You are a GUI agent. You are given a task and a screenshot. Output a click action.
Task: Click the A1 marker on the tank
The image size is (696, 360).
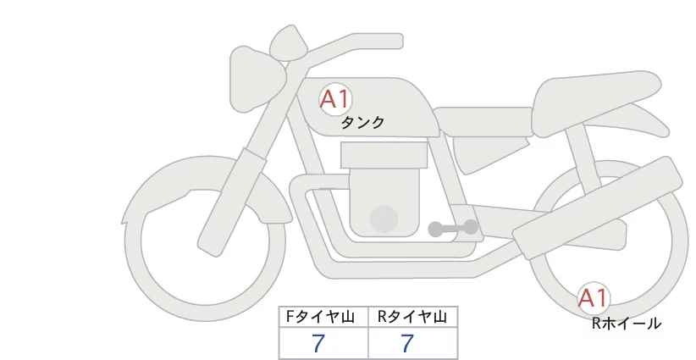tap(334, 99)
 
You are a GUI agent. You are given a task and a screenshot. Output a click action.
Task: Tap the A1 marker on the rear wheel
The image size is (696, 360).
tap(594, 297)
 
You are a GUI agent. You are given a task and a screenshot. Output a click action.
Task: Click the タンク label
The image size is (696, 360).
tap(362, 123)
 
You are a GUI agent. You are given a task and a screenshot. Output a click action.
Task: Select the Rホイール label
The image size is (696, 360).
tap(626, 323)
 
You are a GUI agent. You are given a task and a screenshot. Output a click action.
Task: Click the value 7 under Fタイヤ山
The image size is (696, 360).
tap(318, 343)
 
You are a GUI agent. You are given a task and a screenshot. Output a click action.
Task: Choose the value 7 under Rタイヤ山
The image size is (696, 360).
tap(407, 343)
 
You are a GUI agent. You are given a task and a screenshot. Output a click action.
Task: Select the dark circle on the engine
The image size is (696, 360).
tap(385, 219)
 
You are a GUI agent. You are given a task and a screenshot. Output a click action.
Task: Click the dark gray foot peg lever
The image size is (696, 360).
tap(452, 228)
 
